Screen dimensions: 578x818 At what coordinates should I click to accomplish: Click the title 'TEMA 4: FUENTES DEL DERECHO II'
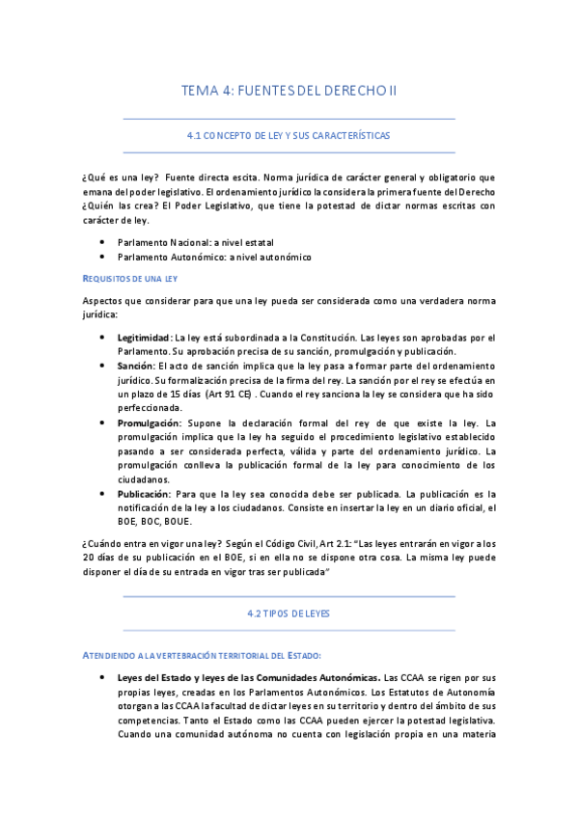click(x=289, y=91)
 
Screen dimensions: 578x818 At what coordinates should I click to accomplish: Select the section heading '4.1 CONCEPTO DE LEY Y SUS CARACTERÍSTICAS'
click(x=289, y=137)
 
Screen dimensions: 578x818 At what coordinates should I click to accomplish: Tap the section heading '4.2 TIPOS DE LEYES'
click(x=289, y=613)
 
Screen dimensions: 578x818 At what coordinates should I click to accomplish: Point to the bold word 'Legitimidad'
click(x=144, y=338)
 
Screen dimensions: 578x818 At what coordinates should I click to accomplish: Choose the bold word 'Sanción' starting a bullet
click(x=135, y=367)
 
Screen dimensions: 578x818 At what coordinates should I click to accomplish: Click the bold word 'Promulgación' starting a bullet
click(x=149, y=423)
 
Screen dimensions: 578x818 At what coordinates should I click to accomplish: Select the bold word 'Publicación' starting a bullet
click(x=146, y=494)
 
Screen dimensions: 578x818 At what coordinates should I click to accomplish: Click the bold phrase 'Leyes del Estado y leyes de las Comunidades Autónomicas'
click(x=247, y=677)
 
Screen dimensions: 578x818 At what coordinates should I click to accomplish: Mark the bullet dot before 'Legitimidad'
click(x=103, y=338)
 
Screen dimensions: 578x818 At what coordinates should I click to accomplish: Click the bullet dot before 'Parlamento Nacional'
click(x=103, y=242)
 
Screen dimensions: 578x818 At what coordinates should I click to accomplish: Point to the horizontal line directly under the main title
click(x=289, y=119)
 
